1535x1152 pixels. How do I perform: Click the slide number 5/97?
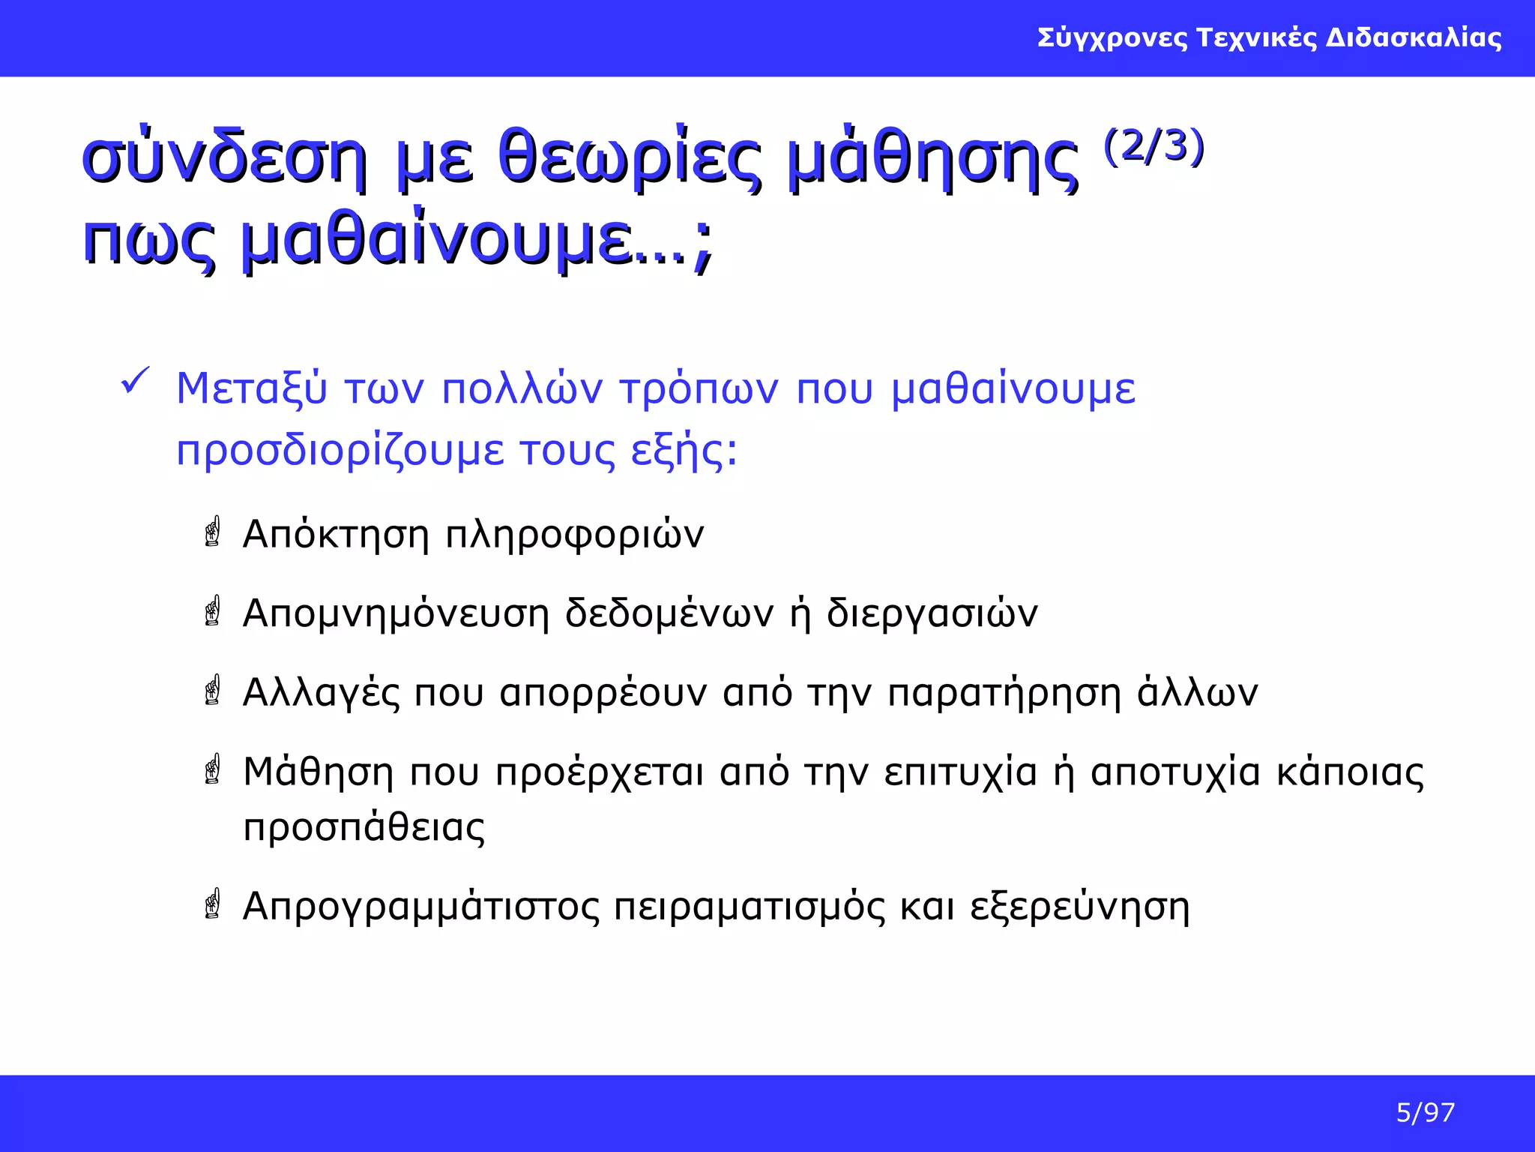coord(1425,1112)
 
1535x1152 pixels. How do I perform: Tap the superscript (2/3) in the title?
coord(1153,147)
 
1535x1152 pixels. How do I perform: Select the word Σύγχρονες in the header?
coord(1112,37)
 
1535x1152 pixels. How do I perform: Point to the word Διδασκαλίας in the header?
coord(1414,37)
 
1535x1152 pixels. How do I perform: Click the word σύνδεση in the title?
coord(224,159)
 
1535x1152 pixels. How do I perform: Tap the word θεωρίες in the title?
coord(629,159)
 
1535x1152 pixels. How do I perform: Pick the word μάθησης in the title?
coord(933,159)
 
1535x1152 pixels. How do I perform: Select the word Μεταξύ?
coord(252,389)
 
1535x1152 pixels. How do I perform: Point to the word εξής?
coord(684,451)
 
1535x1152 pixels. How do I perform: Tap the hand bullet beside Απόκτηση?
coord(213,532)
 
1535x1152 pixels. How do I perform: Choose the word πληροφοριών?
coord(575,535)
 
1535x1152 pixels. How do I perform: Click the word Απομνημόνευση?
coord(396,613)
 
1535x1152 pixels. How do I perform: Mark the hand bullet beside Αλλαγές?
coord(213,690)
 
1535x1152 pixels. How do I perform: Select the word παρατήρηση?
coord(1004,694)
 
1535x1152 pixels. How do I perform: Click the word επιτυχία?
coord(960,772)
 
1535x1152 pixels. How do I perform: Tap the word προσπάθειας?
coord(364,828)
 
